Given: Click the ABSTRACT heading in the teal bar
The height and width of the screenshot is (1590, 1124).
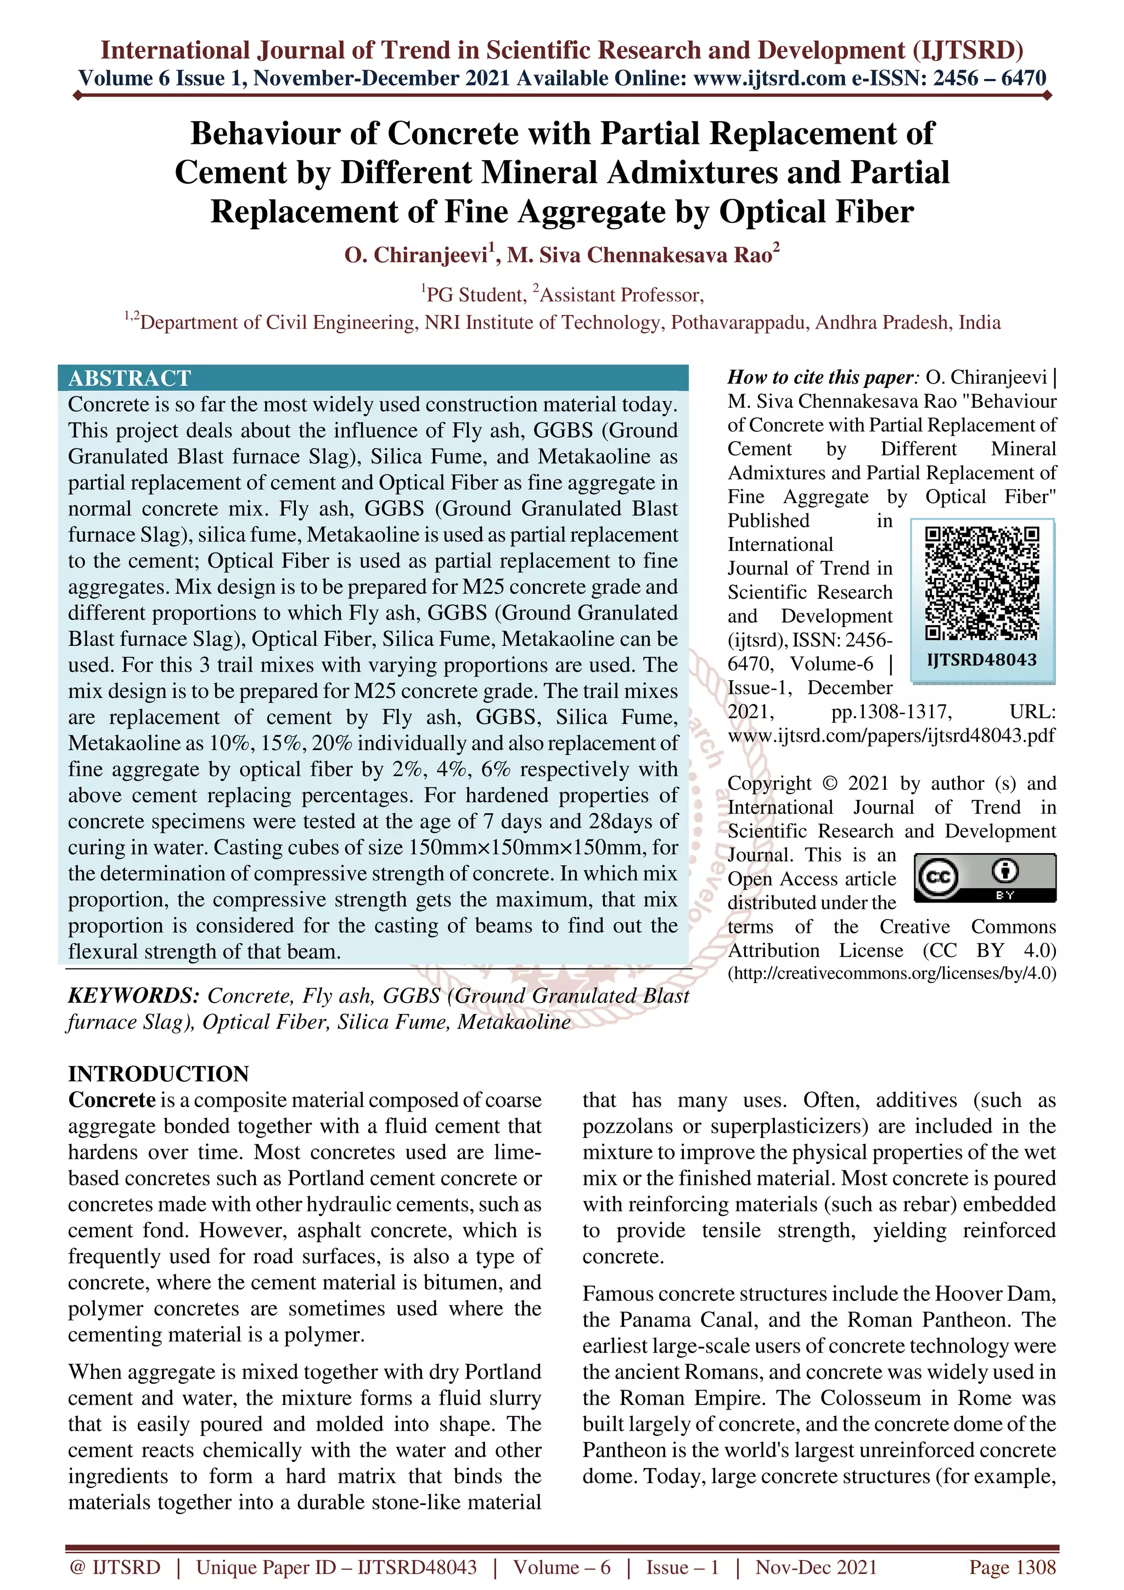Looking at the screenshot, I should point(130,378).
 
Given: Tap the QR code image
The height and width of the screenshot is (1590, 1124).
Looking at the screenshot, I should point(982,583).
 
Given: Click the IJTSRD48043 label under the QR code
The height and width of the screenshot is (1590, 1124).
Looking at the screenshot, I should point(982,660).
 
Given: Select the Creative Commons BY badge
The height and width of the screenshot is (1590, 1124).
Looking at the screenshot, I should point(985,877).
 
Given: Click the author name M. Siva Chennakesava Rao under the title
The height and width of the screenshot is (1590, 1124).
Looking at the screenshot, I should point(640,256).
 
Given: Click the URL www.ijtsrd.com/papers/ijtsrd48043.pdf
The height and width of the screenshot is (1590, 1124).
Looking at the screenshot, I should point(891,735).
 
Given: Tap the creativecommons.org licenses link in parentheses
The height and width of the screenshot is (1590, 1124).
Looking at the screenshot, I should point(892,973).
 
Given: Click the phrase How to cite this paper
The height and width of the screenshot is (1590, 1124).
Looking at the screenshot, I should point(822,377).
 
